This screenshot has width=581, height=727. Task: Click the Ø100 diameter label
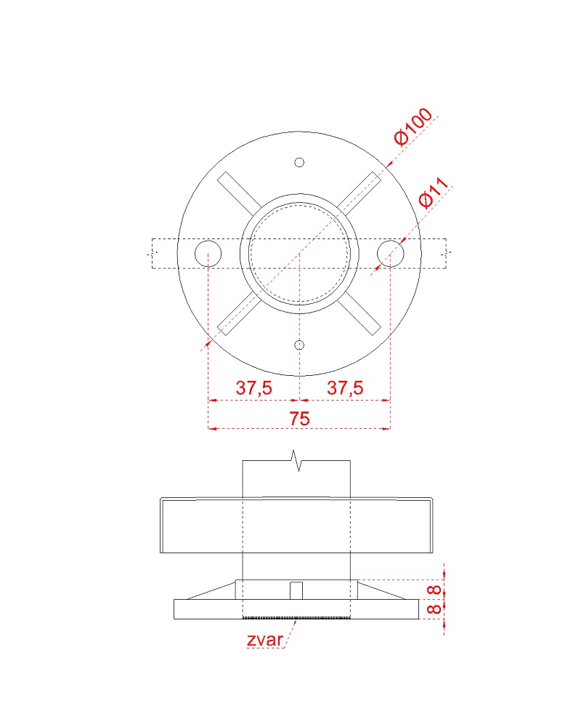(413, 126)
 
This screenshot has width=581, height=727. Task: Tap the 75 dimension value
(299, 419)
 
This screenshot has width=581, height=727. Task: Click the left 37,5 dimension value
(254, 387)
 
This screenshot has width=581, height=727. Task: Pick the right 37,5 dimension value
(345, 387)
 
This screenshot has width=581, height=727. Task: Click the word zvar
(264, 640)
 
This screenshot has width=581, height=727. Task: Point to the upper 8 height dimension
(434, 590)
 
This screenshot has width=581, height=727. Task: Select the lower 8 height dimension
(434, 608)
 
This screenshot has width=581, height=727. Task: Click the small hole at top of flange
(299, 162)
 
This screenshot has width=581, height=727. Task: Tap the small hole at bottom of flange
(299, 345)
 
